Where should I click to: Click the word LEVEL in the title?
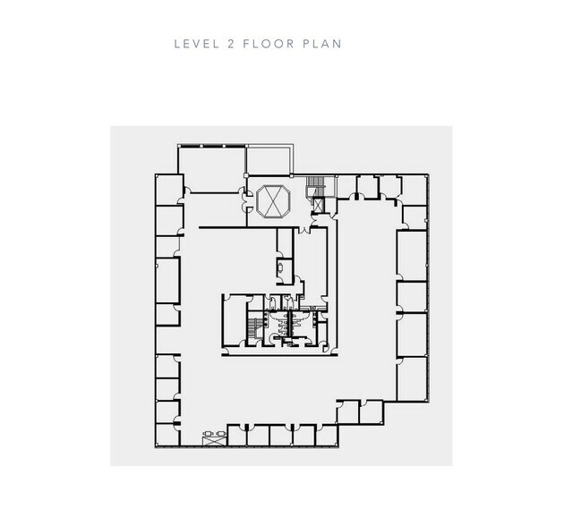click(x=196, y=44)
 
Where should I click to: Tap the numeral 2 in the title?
click(x=231, y=44)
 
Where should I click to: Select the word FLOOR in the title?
click(x=269, y=44)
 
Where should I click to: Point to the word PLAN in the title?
click(x=322, y=44)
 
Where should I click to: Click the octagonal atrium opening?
click(x=274, y=201)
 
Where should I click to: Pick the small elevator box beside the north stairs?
click(x=319, y=206)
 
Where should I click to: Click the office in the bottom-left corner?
click(x=167, y=435)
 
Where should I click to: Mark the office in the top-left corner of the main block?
click(x=169, y=190)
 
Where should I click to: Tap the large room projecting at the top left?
click(x=212, y=169)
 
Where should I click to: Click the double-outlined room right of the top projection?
click(x=269, y=160)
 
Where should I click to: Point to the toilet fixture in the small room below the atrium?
click(x=280, y=267)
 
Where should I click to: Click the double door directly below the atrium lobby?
click(x=305, y=229)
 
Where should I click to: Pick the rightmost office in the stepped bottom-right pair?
click(x=372, y=412)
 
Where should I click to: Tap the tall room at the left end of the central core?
click(x=235, y=320)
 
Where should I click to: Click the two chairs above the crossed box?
click(x=214, y=434)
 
